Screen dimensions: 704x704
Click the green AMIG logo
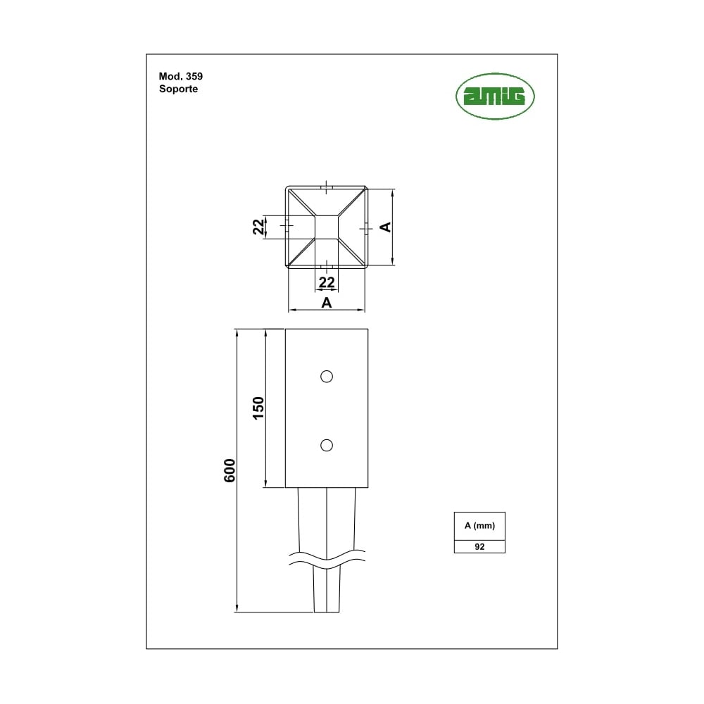(x=495, y=96)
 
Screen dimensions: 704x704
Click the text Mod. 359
(x=180, y=76)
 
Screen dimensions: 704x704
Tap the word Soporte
(x=178, y=89)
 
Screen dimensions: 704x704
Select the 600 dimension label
(x=230, y=470)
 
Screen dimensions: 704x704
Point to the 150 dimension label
(x=258, y=408)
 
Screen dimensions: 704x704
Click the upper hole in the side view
(x=327, y=376)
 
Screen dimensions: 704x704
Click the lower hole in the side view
(x=327, y=445)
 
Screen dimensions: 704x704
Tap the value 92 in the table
(x=479, y=546)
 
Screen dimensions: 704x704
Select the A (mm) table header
(x=479, y=525)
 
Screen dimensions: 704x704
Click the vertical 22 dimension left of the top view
(x=258, y=227)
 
